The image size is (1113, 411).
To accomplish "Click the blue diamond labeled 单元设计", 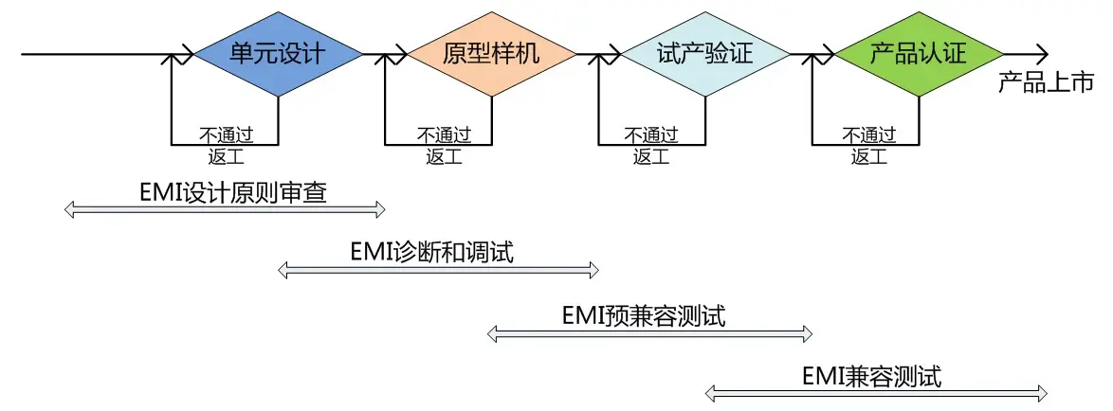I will click(279, 54).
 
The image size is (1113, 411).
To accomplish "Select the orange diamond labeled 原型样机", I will click(492, 54).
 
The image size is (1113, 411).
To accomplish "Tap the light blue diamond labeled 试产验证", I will click(705, 54).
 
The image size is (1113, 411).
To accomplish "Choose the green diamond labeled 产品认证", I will click(919, 54).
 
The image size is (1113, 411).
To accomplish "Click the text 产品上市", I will click(1046, 83).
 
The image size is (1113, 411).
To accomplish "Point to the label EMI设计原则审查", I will click(232, 193).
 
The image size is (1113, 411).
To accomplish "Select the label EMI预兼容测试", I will click(644, 315).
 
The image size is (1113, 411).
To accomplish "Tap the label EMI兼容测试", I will click(871, 376).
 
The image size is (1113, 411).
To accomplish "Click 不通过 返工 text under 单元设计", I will click(225, 145).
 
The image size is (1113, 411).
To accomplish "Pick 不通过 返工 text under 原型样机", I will click(439, 145).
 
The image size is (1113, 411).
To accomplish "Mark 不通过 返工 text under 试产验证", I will click(652, 145).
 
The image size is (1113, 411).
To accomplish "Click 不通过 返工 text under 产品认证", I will click(867, 145).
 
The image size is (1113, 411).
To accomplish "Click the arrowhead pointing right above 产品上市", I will click(1041, 54).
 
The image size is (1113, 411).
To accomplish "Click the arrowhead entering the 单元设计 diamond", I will click(188, 54).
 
